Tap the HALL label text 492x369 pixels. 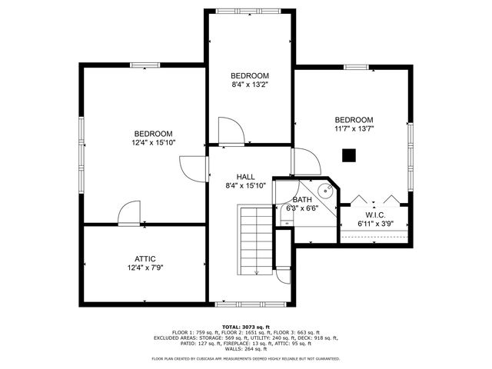coord(246,175)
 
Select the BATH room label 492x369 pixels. coord(301,199)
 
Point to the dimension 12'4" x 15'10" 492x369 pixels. coord(153,142)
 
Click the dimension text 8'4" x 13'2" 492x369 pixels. coord(250,85)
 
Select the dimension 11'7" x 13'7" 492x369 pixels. coord(354,129)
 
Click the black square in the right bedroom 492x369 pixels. coord(349,156)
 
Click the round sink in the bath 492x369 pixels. coord(325,193)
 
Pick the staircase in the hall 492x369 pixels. coord(255,240)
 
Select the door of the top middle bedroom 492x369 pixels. coord(231,131)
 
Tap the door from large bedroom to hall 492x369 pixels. coord(192,168)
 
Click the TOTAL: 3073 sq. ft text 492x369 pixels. coord(245,327)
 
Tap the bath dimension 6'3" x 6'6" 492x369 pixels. coord(301,208)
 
